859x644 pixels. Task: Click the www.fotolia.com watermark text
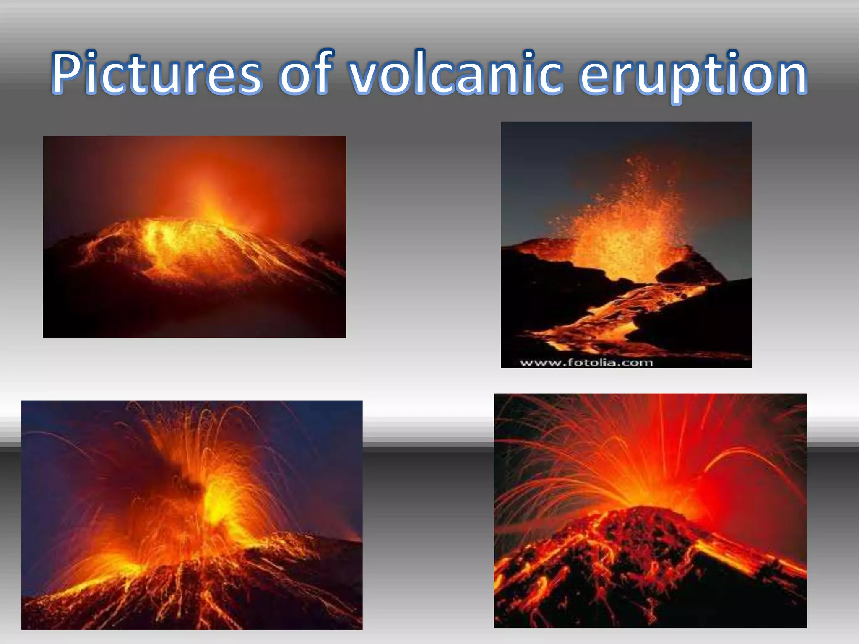(586, 362)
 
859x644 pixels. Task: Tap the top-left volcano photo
(194, 236)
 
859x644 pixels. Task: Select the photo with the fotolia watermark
(626, 244)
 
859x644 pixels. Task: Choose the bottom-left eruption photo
(192, 515)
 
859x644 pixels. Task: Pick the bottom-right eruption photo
(650, 510)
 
